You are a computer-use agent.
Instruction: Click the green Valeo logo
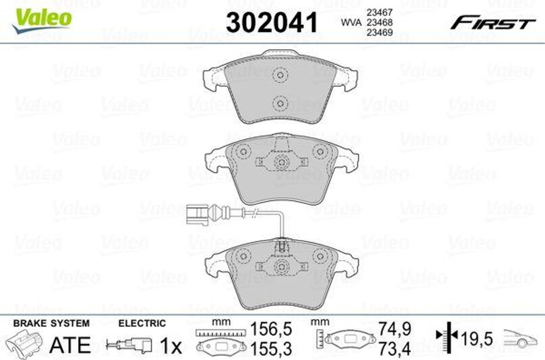pos(42,20)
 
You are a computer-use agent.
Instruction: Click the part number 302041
pos(272,23)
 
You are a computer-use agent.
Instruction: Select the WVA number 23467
pos(379,13)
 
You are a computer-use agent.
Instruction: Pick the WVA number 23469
pos(379,32)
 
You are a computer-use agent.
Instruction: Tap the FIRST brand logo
pos(493,23)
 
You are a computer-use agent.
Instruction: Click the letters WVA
pos(351,22)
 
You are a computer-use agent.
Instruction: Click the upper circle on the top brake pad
pos(280,75)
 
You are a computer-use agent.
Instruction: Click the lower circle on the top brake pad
pos(280,103)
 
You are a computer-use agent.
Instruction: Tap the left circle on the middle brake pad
pos(243,152)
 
